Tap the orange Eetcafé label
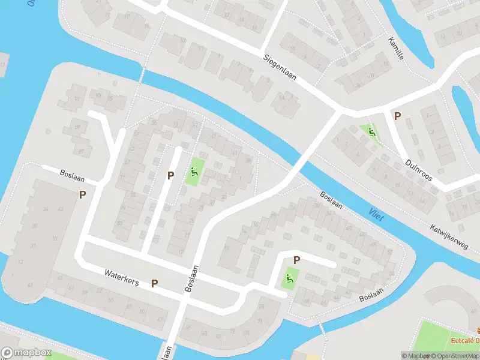[466, 341]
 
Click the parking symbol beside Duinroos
[397, 116]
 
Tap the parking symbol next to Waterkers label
[154, 283]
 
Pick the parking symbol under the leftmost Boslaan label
[82, 194]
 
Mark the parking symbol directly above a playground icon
[296, 260]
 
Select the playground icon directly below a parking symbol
[289, 278]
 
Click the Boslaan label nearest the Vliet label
[331, 200]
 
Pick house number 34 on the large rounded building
[46, 209]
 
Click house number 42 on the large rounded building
[60, 209]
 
